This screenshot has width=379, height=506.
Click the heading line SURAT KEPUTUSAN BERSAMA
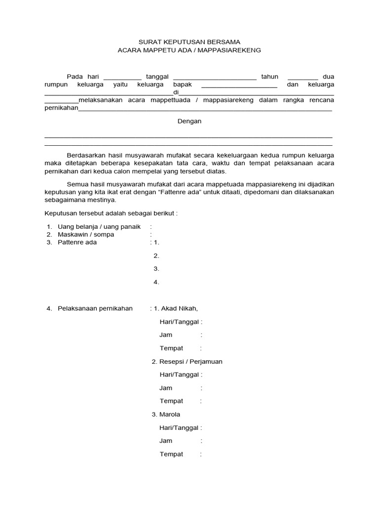tap(189, 42)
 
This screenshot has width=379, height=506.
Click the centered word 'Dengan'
tap(189, 121)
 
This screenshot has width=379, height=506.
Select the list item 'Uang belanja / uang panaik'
tap(96, 226)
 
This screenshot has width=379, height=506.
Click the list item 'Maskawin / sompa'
tap(86, 234)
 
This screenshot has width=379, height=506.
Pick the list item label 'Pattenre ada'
tap(77, 242)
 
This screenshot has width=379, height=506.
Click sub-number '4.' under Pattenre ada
tap(156, 282)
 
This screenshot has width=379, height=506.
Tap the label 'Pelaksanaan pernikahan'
tap(95, 308)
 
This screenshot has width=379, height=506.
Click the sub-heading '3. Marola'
tap(166, 414)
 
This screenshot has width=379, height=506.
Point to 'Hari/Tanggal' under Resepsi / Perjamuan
tap(179, 375)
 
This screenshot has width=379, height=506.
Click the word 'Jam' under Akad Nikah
tap(166, 335)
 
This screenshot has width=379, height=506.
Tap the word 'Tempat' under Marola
tap(171, 454)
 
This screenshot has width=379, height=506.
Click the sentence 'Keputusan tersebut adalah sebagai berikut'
tap(110, 213)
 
